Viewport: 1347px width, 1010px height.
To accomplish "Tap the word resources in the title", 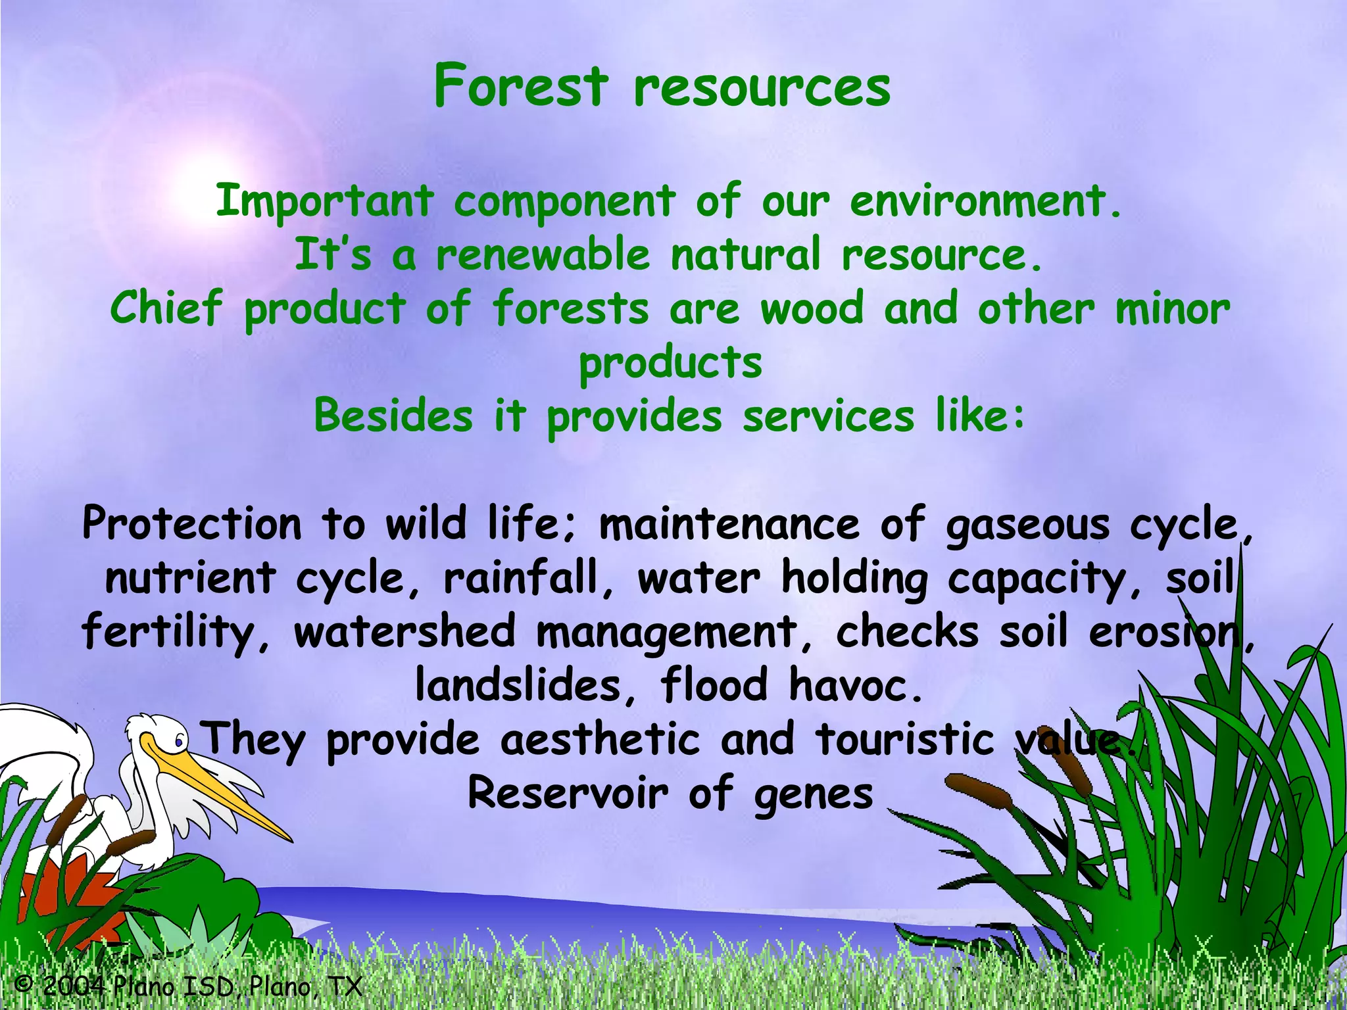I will pos(762,89).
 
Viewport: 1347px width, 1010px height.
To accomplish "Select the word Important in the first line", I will pos(324,201).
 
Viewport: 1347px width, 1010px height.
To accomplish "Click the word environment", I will pos(984,201).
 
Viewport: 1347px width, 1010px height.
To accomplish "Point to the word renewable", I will pos(543,254).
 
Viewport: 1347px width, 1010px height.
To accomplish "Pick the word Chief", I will pos(166,308).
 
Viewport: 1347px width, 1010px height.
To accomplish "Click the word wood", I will pos(812,308).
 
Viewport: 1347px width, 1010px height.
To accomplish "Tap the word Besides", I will pos(393,416).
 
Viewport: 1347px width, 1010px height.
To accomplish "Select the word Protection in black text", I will pos(191,524).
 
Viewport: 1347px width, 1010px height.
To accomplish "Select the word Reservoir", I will pos(567,794).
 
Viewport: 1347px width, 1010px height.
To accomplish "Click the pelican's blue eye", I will pos(178,742).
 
